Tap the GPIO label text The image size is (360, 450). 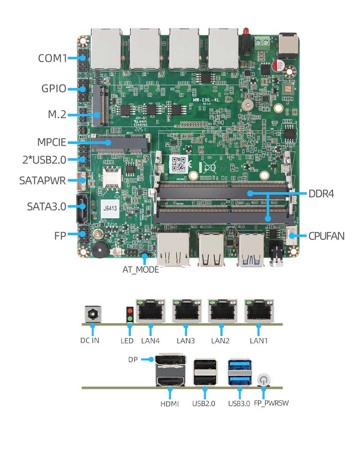54,88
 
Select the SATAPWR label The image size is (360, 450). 43,181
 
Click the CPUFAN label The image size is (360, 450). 326,235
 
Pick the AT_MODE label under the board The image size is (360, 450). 141,270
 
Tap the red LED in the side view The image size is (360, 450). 130,311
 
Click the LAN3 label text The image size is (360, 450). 185,341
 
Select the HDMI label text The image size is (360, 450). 170,404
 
